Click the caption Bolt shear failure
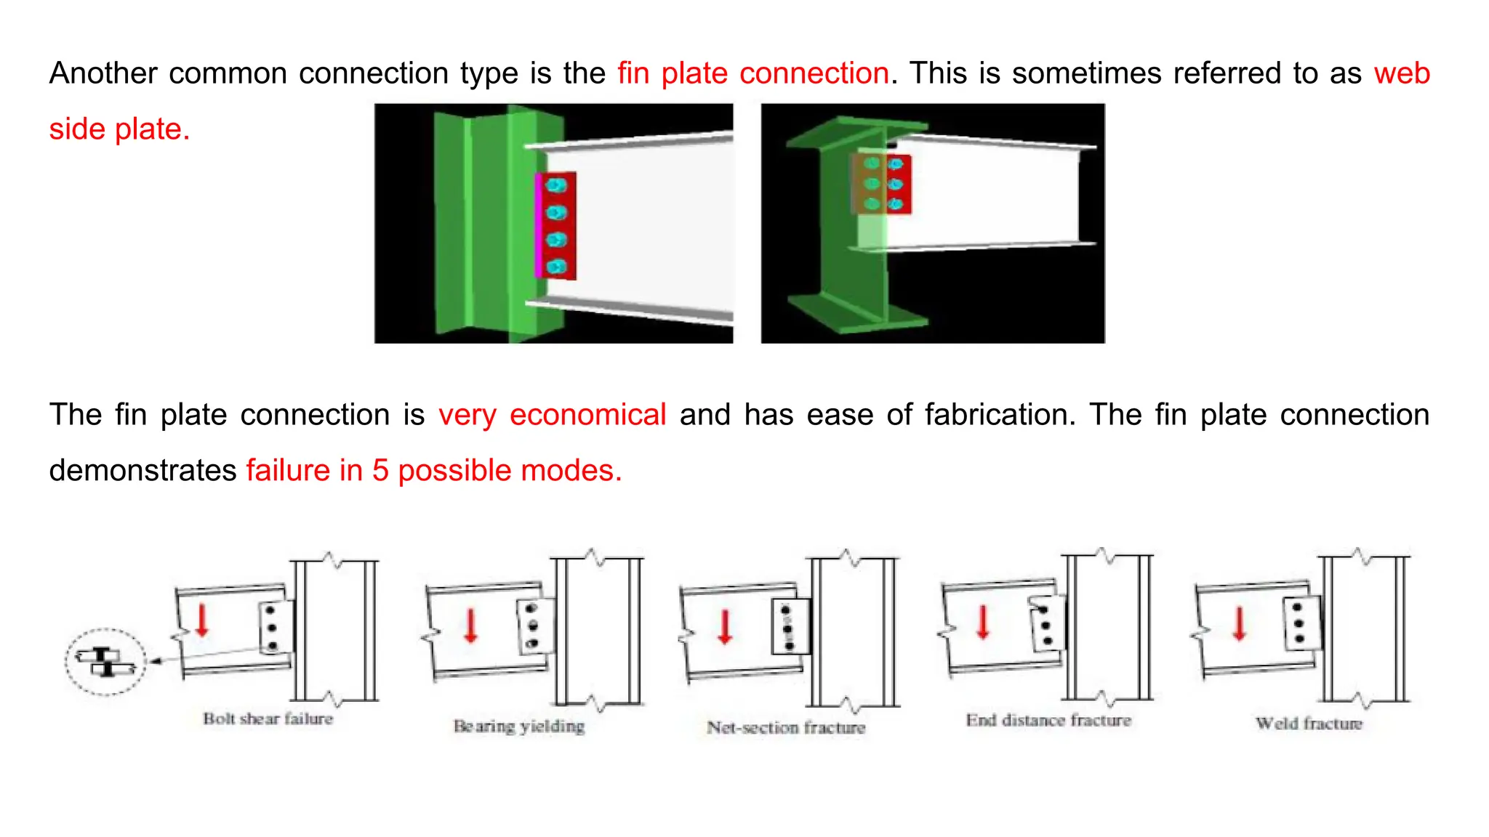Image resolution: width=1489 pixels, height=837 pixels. [x=268, y=719]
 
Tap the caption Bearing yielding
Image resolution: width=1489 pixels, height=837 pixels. [x=519, y=726]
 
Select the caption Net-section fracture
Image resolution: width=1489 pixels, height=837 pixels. [x=786, y=727]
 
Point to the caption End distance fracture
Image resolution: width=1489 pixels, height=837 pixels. [x=1048, y=720]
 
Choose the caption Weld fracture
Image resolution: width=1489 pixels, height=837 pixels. [x=1309, y=723]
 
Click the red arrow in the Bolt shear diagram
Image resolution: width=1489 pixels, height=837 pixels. [x=202, y=620]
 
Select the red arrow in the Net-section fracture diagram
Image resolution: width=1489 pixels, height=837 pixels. [x=725, y=627]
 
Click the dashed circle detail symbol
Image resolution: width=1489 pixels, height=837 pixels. [x=105, y=661]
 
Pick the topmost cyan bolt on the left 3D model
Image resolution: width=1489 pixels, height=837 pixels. [x=556, y=185]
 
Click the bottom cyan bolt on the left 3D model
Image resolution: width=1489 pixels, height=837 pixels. [x=556, y=267]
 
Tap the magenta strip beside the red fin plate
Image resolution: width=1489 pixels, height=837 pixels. [x=538, y=226]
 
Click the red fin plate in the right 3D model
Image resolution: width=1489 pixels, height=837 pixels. [x=899, y=184]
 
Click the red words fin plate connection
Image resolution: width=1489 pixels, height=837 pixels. [x=753, y=73]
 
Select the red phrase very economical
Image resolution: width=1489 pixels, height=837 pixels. [x=552, y=415]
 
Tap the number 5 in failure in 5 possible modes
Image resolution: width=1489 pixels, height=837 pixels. [x=380, y=471]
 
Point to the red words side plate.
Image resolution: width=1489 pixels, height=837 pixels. [x=119, y=129]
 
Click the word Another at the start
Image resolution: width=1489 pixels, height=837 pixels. [x=103, y=73]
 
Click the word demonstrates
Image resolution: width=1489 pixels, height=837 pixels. [x=143, y=471]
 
